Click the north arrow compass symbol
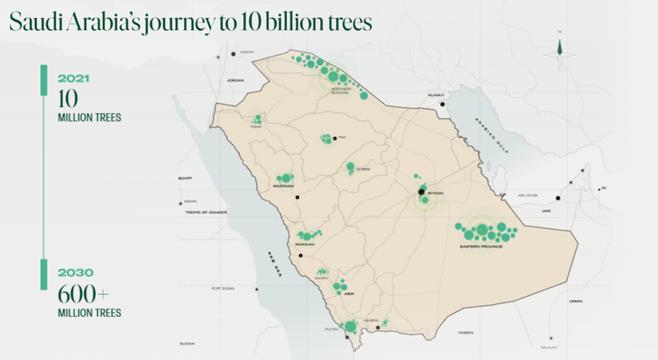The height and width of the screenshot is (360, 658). (559, 47)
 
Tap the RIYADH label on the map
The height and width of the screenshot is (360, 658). (434, 193)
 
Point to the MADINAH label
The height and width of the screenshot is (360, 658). (284, 186)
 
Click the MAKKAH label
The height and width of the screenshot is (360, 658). (305, 244)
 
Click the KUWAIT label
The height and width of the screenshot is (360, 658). (438, 94)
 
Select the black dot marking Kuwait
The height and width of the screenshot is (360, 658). (443, 105)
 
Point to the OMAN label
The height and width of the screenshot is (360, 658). (575, 301)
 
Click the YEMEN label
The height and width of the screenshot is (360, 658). (465, 332)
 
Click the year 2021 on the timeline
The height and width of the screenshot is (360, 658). (73, 77)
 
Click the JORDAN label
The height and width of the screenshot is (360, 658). (236, 81)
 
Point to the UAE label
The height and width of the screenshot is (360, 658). (547, 210)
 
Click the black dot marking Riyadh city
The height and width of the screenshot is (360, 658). (421, 192)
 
